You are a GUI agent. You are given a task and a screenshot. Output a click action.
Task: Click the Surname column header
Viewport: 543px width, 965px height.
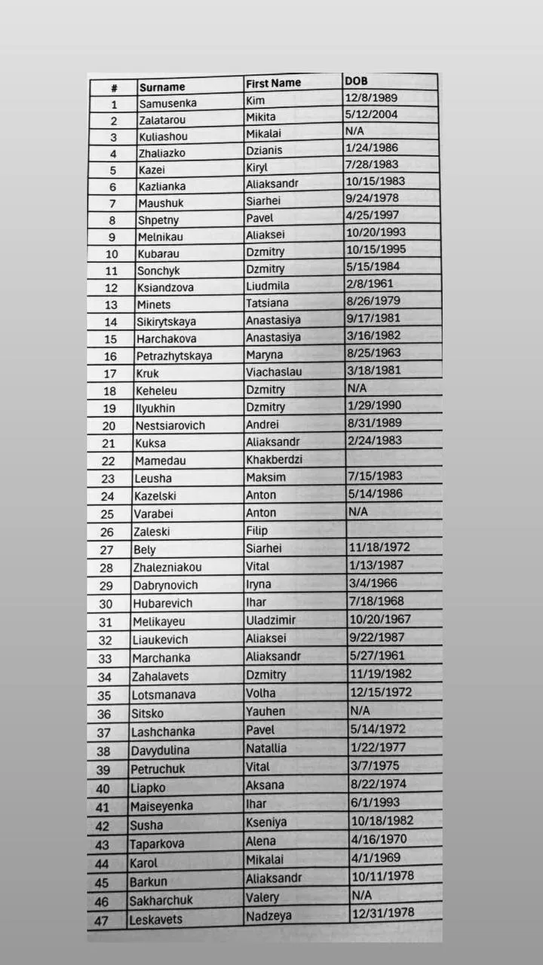[161, 87]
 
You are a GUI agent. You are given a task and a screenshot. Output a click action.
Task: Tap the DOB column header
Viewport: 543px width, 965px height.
[356, 81]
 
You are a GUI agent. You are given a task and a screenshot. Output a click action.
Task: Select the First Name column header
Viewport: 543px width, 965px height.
[273, 83]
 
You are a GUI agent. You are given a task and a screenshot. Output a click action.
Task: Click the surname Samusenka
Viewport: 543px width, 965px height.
[167, 104]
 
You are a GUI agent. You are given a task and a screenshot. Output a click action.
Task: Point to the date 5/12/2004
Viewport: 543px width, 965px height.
[371, 115]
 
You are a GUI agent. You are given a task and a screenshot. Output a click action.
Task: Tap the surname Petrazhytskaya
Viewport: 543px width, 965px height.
[174, 356]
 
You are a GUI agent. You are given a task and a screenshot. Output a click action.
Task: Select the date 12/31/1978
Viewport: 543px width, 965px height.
[382, 913]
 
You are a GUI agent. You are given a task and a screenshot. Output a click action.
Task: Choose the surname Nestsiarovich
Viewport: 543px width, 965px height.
[170, 425]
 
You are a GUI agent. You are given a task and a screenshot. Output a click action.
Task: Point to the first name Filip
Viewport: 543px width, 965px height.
[256, 531]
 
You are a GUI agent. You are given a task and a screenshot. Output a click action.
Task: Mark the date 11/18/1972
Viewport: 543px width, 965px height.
[377, 547]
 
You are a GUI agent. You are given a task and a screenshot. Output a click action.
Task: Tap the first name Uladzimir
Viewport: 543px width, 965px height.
[270, 620]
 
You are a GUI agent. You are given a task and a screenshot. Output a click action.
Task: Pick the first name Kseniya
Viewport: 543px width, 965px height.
[266, 822]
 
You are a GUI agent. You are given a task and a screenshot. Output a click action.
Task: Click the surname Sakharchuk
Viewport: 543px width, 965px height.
[161, 900]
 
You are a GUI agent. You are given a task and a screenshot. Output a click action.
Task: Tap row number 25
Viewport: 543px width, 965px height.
[106, 513]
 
